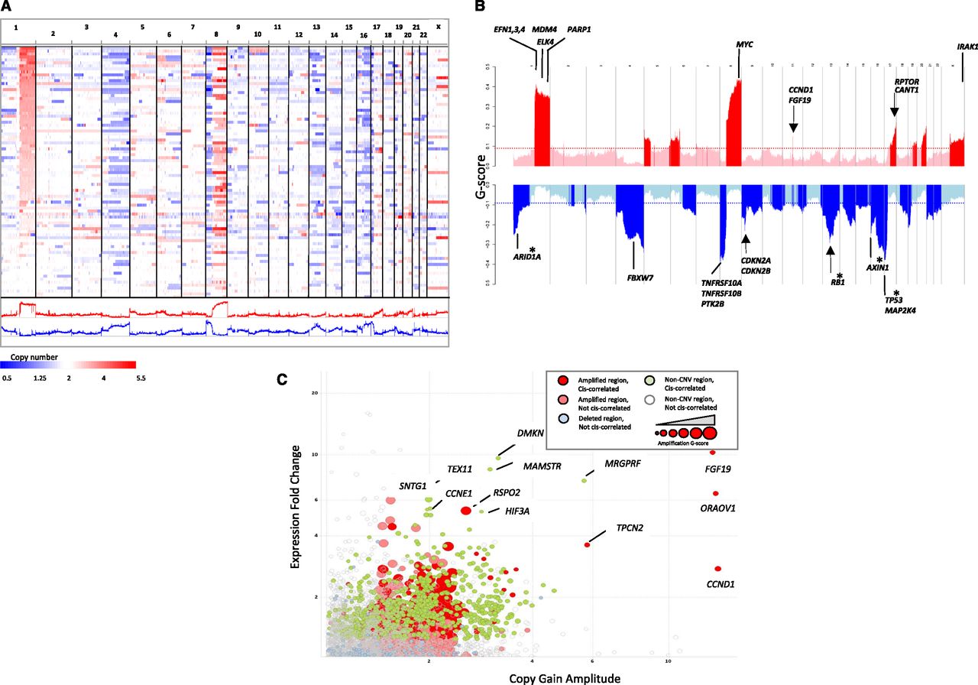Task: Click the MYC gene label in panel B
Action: click(744, 45)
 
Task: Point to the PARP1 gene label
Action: click(580, 29)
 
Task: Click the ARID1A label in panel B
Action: click(526, 257)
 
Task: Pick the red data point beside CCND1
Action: click(717, 569)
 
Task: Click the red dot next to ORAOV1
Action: click(716, 494)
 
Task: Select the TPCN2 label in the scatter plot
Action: click(630, 528)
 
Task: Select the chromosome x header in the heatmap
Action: click(439, 25)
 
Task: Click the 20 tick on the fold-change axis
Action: click(313, 393)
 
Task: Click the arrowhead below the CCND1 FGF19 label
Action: click(793, 127)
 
